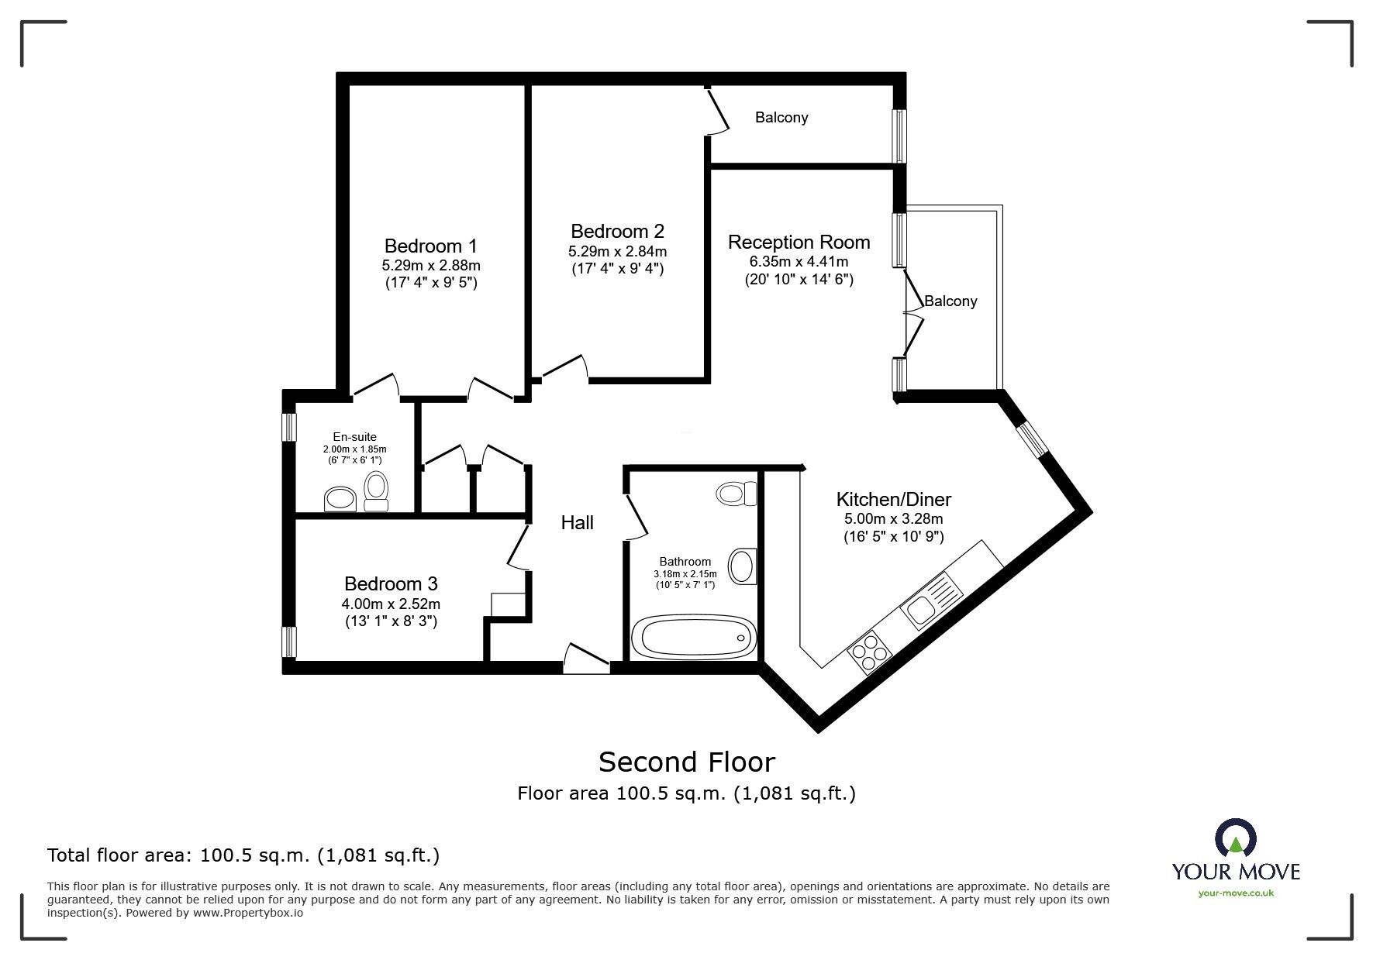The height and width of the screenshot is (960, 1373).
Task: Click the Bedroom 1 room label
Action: (x=430, y=246)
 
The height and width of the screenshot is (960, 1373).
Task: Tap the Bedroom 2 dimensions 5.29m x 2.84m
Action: (x=618, y=252)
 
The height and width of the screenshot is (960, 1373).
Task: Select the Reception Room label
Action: (x=799, y=243)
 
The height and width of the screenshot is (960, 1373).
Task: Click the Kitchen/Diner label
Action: (x=893, y=499)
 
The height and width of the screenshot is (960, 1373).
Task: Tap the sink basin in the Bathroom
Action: (x=743, y=566)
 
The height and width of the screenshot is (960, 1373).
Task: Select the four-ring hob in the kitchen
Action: (x=870, y=651)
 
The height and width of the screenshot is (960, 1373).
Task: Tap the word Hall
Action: (x=578, y=523)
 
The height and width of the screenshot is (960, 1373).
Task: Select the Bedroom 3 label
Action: (x=392, y=583)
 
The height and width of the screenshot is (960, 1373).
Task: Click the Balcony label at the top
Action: (x=781, y=118)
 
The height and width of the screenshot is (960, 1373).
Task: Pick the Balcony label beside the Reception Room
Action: (x=950, y=301)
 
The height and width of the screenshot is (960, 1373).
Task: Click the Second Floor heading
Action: (x=687, y=762)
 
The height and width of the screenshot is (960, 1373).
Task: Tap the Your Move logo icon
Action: (x=1235, y=838)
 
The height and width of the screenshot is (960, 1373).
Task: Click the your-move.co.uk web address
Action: (x=1236, y=893)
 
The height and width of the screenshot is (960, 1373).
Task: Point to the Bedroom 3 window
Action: (x=288, y=642)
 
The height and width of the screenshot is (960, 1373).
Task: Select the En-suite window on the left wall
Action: (x=288, y=427)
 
